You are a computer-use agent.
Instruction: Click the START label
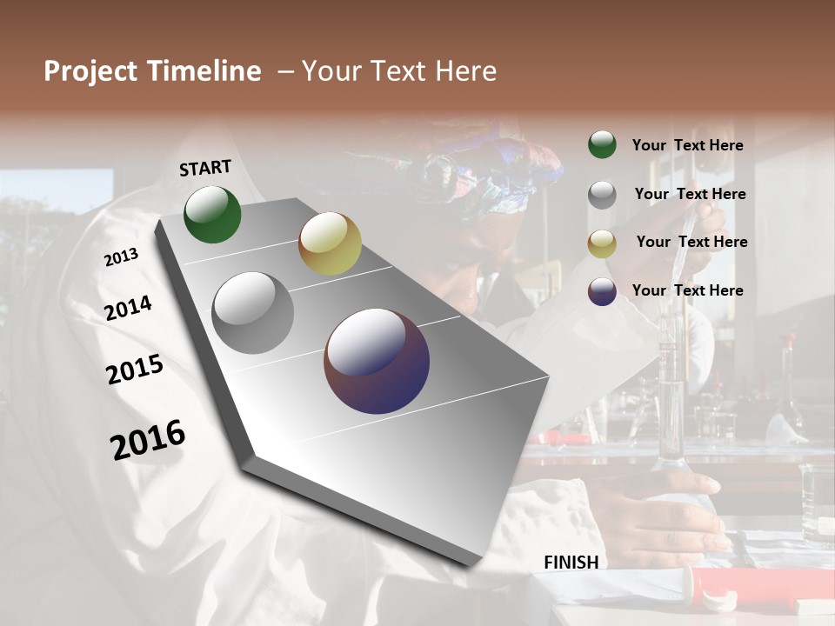coord(205,168)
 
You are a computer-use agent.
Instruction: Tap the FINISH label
coord(571,563)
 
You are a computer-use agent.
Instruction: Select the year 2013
coord(121,256)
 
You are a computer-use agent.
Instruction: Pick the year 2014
coord(128,308)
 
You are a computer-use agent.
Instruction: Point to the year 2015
coord(135,370)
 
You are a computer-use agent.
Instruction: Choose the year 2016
coord(148,439)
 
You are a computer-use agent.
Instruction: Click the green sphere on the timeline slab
coord(212,215)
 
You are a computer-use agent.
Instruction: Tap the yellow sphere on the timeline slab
coord(330,243)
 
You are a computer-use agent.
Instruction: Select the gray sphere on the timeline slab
coord(253,313)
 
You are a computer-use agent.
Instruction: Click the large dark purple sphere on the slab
coord(377,361)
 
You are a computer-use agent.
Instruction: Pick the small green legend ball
coord(602,144)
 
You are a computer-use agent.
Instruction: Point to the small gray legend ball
coord(602,194)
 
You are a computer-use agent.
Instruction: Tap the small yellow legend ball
coord(602,243)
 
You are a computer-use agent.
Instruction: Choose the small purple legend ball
coord(602,291)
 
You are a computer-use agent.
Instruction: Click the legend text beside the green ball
coord(687,145)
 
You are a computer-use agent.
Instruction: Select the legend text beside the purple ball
coord(687,290)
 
